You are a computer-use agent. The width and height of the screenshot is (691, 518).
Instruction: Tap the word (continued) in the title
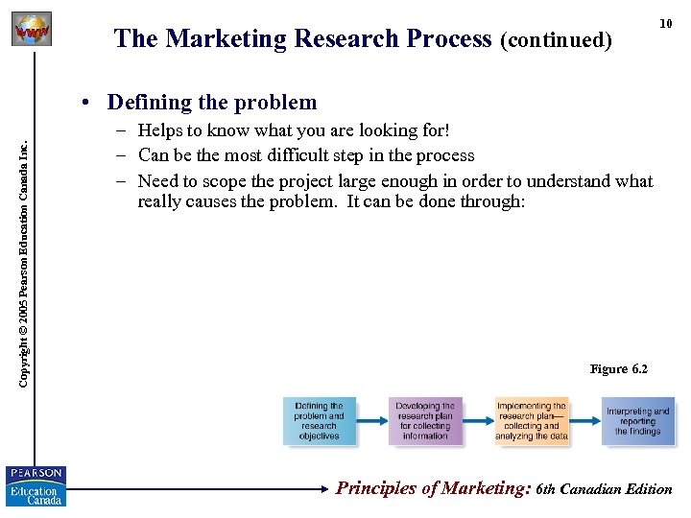[555, 40]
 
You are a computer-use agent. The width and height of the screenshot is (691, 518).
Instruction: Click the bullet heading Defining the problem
[211, 102]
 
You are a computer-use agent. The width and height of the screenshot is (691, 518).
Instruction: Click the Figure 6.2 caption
[619, 369]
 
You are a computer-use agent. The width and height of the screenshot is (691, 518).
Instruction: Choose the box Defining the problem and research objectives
[320, 421]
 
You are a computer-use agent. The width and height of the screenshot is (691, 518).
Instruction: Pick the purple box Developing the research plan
[425, 421]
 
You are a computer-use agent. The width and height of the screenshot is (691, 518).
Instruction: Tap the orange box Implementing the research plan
[531, 421]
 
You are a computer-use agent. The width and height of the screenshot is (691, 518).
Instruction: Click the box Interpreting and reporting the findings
[638, 421]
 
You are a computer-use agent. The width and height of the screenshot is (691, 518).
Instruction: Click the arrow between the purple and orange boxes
[479, 421]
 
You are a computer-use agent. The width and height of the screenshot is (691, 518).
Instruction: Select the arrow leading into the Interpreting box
[585, 421]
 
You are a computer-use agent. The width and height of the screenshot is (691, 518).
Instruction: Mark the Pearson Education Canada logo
[35, 485]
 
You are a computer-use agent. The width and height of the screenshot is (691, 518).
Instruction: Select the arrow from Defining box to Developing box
[372, 421]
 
